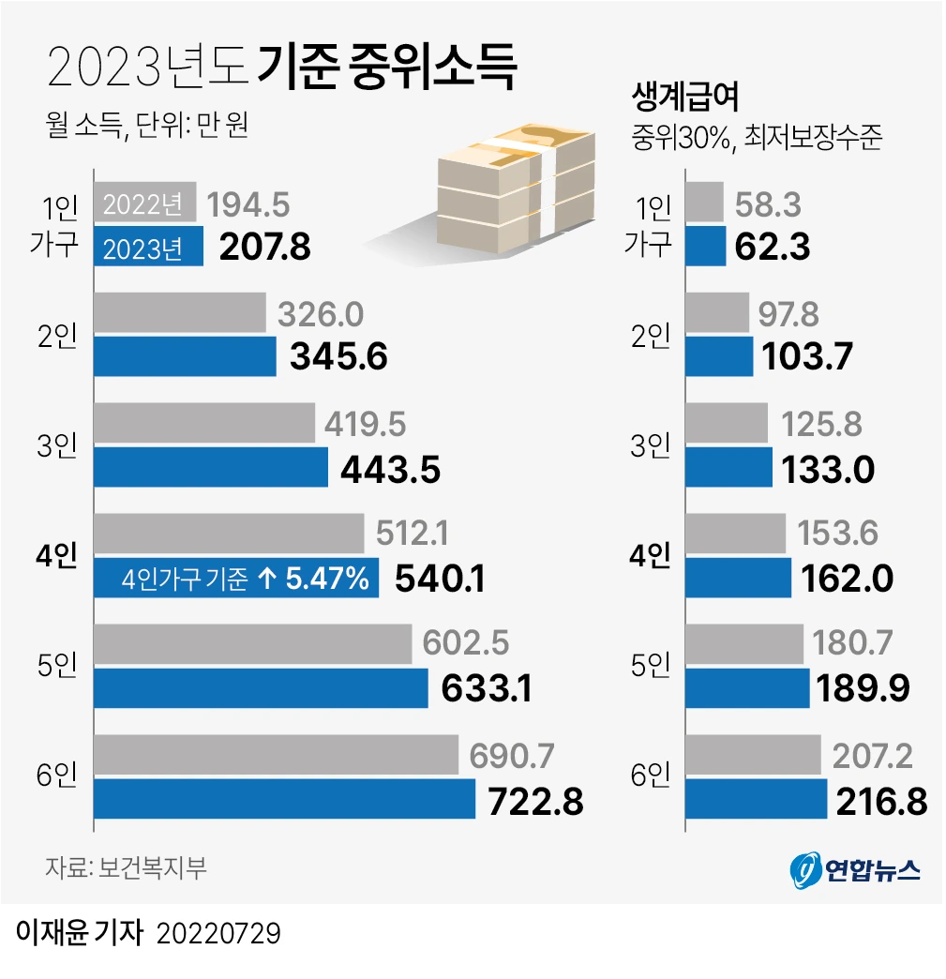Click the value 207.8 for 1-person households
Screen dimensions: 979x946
click(x=264, y=248)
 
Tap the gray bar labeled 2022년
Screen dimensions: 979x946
click(x=145, y=203)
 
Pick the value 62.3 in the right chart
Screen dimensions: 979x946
click(x=772, y=248)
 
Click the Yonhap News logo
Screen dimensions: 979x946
click(x=854, y=870)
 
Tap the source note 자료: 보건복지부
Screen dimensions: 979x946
click(x=126, y=866)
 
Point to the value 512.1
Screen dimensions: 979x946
click(x=412, y=534)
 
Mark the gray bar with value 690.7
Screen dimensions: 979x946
click(x=277, y=755)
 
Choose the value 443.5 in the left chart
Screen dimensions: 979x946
click(x=390, y=469)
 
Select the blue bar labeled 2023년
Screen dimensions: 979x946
click(x=149, y=248)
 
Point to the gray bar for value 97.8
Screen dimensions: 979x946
click(x=718, y=313)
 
